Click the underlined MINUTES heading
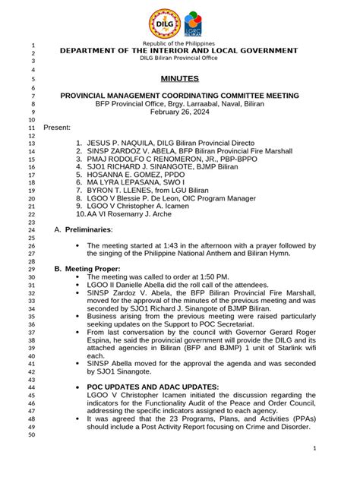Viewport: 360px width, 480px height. [x=179, y=78]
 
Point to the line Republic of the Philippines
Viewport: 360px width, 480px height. [x=179, y=44]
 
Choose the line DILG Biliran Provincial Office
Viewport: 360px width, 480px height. [x=179, y=58]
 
